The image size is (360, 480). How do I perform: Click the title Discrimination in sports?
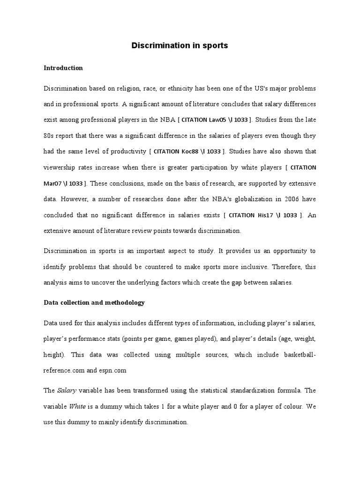tap(180, 46)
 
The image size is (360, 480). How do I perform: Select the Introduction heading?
tap(63, 68)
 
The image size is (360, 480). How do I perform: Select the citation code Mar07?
tap(52, 183)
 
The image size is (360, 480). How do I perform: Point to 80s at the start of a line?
tap(49, 136)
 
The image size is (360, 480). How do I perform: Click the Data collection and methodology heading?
tap(94, 303)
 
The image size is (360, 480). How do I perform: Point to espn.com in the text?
tap(113, 370)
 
